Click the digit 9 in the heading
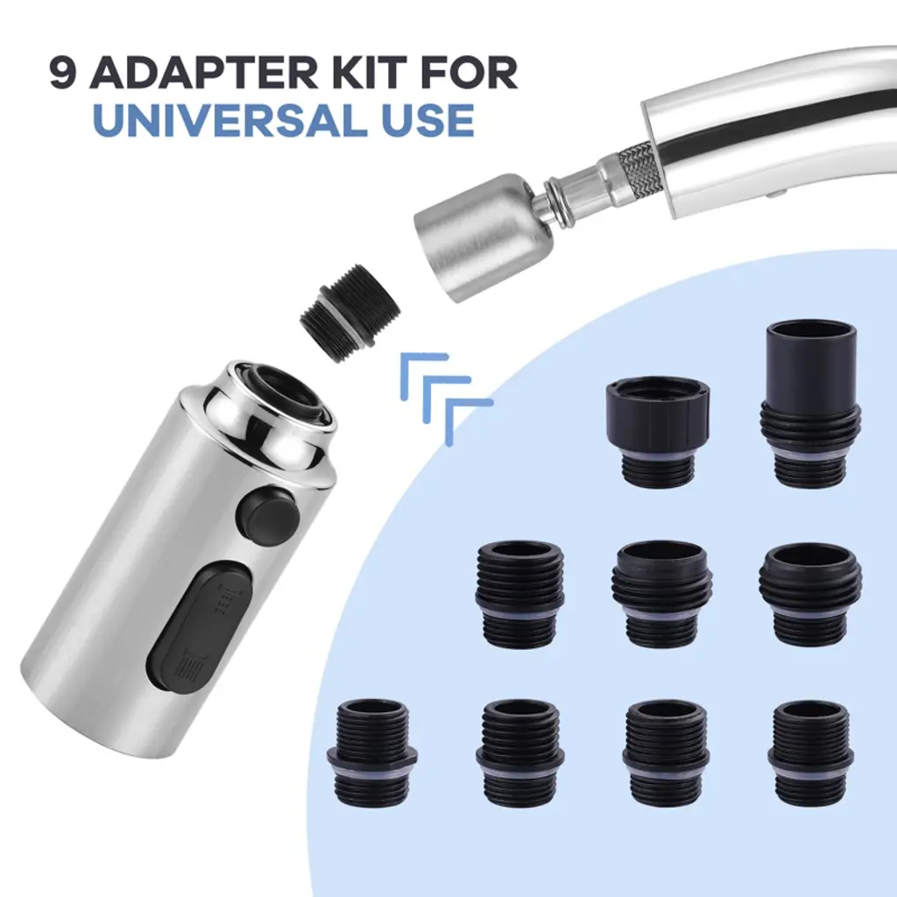[63, 72]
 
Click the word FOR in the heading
[472, 72]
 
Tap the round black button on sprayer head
[270, 513]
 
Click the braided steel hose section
[641, 167]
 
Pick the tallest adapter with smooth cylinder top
[810, 403]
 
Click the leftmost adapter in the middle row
[519, 593]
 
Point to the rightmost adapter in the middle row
[810, 593]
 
